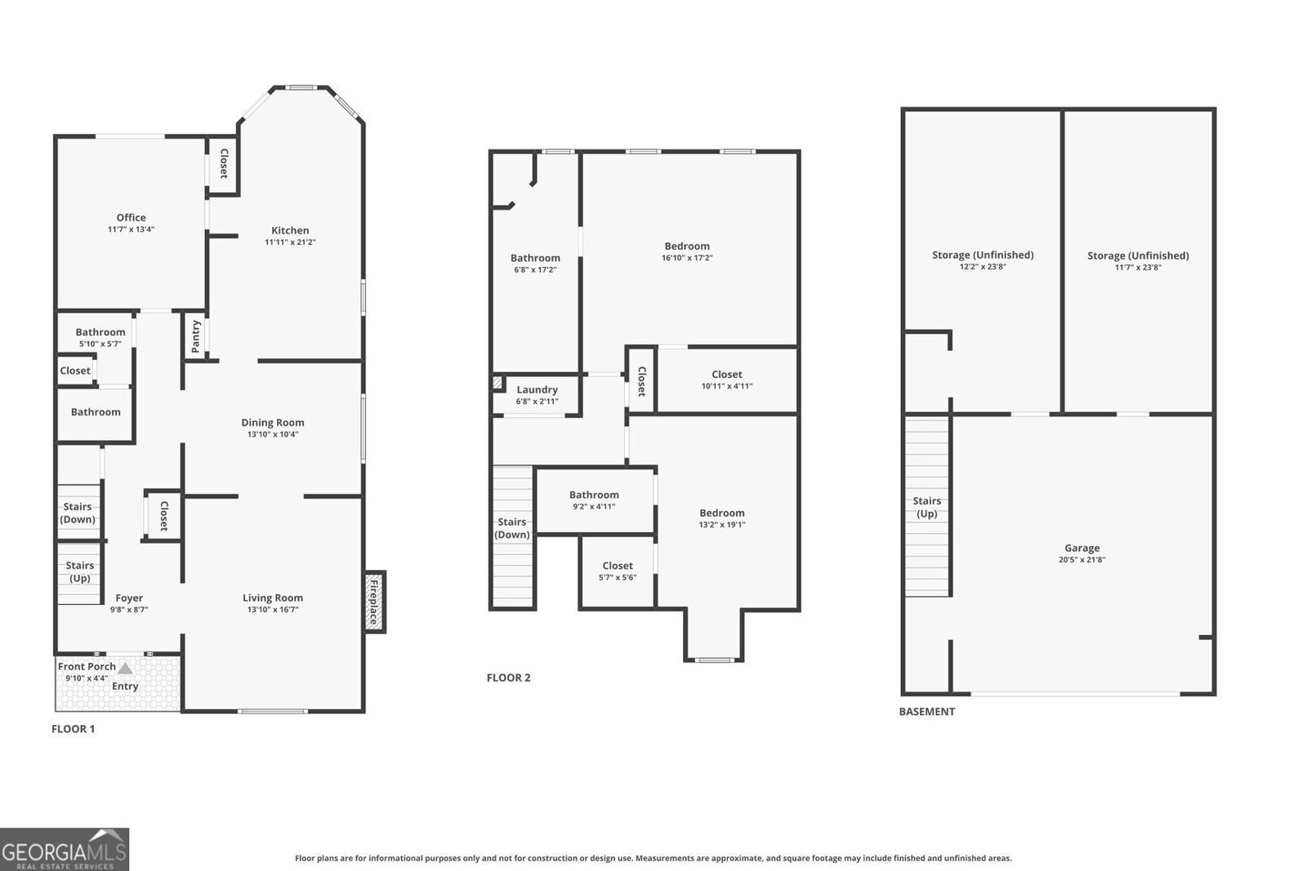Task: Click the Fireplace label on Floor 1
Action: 374,602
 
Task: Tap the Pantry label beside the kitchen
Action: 196,336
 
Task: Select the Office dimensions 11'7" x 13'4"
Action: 131,230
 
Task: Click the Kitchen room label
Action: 290,230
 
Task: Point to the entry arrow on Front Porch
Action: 125,669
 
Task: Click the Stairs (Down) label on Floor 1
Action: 78,513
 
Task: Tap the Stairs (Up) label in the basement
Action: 926,507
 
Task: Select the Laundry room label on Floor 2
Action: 537,390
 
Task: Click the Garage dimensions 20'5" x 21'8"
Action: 1082,560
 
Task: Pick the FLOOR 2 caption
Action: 508,678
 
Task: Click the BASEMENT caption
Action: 926,712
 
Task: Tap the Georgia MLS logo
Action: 65,849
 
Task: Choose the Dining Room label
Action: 272,423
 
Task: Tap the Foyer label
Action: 129,598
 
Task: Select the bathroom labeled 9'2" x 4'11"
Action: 594,500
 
